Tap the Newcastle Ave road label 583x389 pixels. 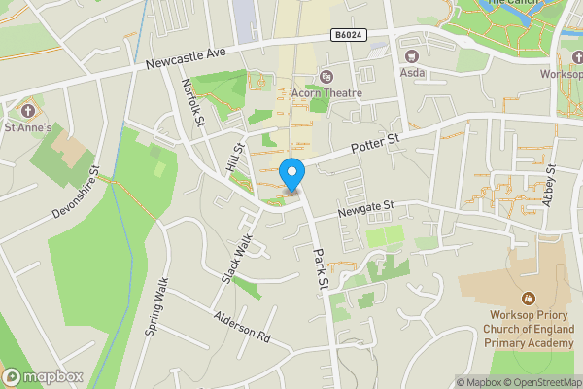(186, 59)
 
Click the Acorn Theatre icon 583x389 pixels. (326, 76)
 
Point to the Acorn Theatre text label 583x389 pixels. (326, 93)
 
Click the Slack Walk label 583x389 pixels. (238, 258)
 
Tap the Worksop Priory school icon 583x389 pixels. (529, 298)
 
